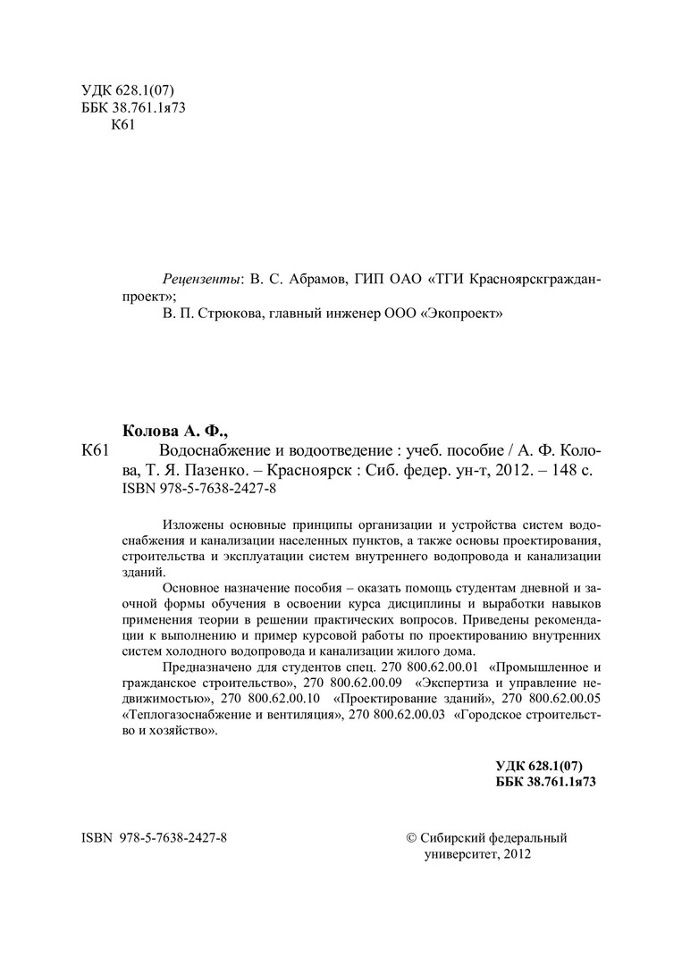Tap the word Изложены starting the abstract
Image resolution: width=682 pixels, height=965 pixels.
(x=191, y=524)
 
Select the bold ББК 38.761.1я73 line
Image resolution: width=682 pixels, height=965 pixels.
(x=544, y=780)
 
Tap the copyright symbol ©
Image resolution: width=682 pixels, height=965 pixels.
(x=411, y=838)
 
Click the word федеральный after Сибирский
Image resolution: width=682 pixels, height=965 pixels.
(x=527, y=838)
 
